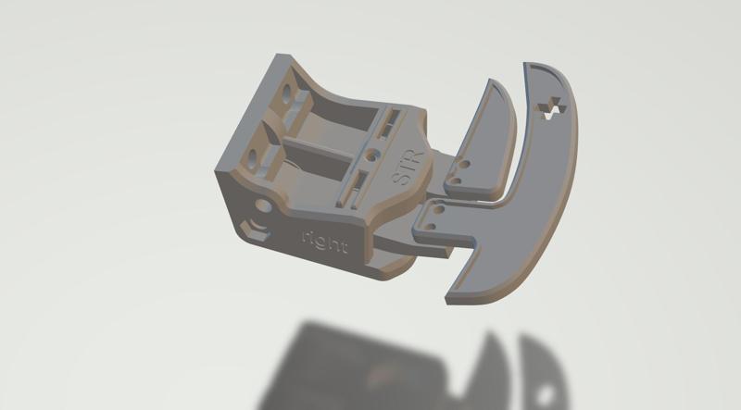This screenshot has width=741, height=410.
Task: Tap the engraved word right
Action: (x=325, y=242)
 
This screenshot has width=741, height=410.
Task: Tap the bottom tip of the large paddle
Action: (x=454, y=297)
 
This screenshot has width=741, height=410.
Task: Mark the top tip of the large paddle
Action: (x=532, y=68)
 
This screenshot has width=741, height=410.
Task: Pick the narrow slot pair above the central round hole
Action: (x=393, y=119)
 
